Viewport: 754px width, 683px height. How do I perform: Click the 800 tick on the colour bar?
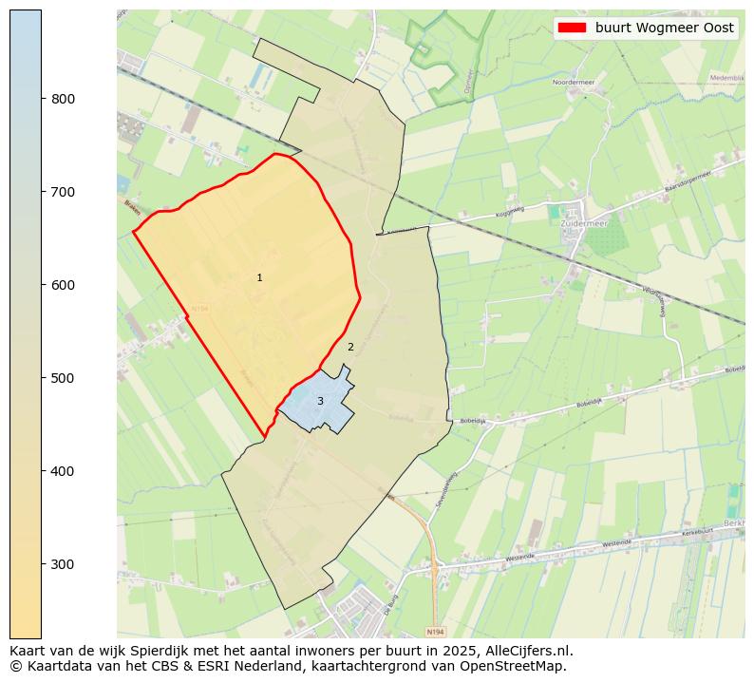(x=63, y=99)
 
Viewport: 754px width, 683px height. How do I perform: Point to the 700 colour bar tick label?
(x=63, y=192)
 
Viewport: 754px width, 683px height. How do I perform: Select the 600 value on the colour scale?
(x=63, y=285)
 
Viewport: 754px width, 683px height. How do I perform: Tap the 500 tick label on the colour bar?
(x=63, y=378)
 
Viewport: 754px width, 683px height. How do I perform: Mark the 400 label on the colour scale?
(x=63, y=471)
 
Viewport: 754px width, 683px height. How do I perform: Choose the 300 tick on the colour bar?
(x=63, y=564)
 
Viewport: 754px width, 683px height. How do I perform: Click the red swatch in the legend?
(x=574, y=28)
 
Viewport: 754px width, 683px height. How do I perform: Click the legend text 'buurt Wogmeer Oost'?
(x=665, y=28)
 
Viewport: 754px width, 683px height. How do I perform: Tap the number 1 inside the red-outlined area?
(x=259, y=277)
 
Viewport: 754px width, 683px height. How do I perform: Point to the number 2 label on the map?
(x=350, y=347)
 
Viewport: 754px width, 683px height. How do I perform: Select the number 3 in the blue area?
(x=320, y=401)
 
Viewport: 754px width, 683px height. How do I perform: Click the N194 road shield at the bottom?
(x=434, y=631)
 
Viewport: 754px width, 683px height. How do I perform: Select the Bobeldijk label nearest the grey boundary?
(x=472, y=421)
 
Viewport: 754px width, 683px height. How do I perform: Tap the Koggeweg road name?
(x=512, y=211)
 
